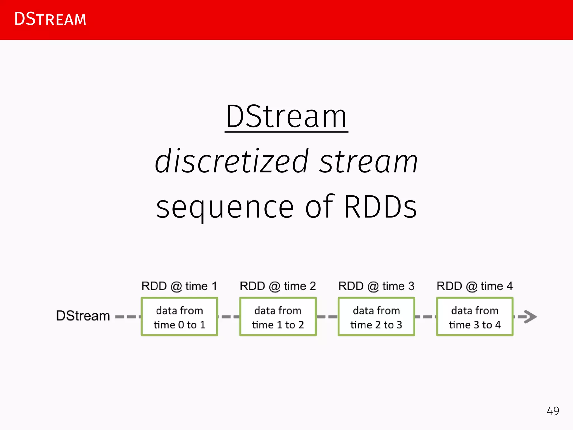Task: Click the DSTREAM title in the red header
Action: (50, 19)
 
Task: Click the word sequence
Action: (225, 207)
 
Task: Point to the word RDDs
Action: (380, 207)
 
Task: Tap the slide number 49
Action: (553, 411)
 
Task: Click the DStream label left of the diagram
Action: (83, 316)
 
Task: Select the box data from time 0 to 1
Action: (179, 317)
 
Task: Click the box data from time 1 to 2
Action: (278, 317)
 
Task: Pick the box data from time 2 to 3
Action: (376, 317)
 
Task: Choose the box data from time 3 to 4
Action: (475, 317)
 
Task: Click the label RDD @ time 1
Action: (179, 286)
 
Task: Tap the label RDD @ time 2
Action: (278, 286)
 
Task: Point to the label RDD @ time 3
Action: (376, 286)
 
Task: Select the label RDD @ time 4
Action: (475, 286)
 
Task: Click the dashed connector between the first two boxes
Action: (229, 317)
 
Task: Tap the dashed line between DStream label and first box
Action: (127, 317)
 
